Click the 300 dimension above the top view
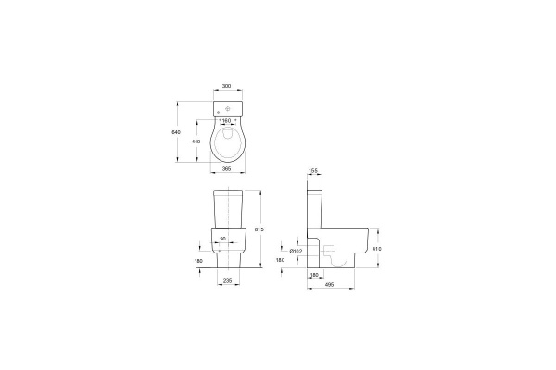click(226, 86)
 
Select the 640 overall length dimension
click(176, 132)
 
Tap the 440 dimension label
click(196, 142)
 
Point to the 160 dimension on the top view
click(226, 121)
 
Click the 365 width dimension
click(226, 169)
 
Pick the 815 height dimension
click(259, 229)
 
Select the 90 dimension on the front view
click(222, 239)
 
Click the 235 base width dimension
click(228, 280)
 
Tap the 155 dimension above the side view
click(313, 170)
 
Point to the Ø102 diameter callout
click(296, 251)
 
